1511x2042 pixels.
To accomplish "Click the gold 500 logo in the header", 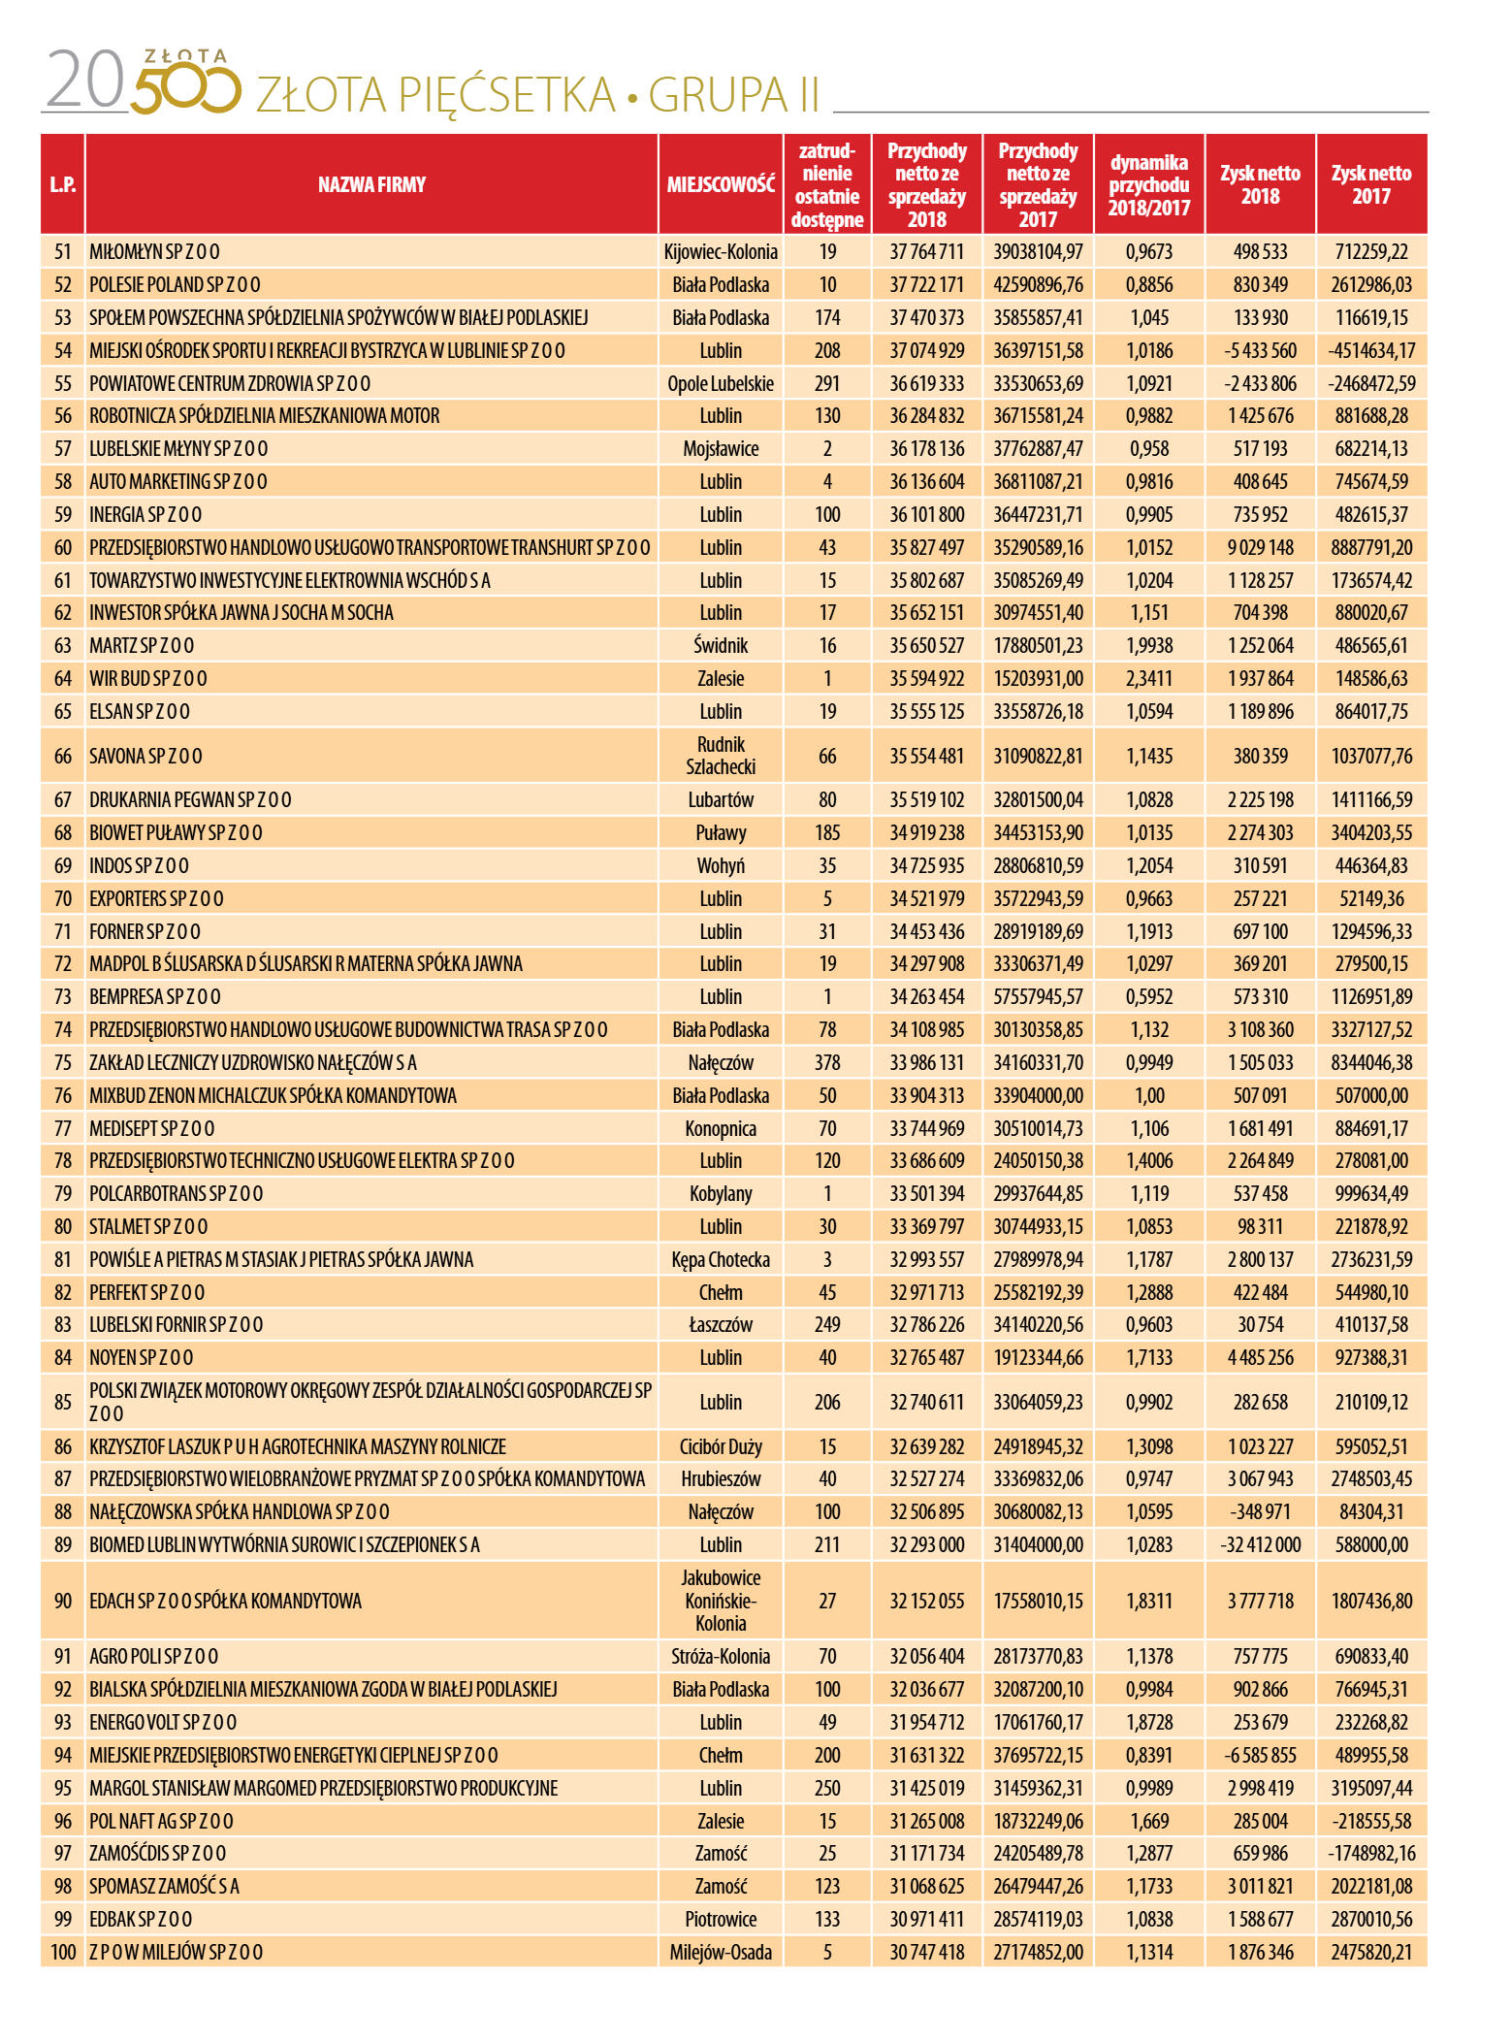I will click(x=184, y=85).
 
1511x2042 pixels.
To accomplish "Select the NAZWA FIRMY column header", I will click(x=371, y=184).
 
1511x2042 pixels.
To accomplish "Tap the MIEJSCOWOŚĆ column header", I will click(x=721, y=184).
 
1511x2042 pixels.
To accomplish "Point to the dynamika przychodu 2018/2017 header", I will click(x=1148, y=184).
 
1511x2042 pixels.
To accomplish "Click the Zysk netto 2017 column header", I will click(x=1370, y=184).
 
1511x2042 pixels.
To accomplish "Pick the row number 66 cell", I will click(x=63, y=756).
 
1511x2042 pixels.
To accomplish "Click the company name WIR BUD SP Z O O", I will click(x=148, y=678).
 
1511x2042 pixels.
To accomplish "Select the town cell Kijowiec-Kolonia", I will click(x=721, y=252).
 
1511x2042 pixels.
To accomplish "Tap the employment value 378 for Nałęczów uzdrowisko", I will click(x=826, y=1062).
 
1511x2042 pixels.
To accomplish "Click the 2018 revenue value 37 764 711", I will click(x=926, y=252).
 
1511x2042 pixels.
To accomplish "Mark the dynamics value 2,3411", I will click(x=1148, y=678).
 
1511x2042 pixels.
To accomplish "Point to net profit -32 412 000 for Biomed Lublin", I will click(x=1260, y=1544).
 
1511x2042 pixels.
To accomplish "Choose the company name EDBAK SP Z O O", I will click(x=141, y=1919).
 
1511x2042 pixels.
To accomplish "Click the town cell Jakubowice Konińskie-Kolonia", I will click(x=721, y=1601).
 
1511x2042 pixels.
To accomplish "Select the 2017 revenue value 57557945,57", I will click(x=1038, y=996).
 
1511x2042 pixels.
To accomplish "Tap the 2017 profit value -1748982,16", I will click(x=1370, y=1853).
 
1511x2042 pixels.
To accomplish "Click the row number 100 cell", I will click(x=63, y=1952).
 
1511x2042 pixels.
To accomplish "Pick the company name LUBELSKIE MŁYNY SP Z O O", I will click(x=178, y=448).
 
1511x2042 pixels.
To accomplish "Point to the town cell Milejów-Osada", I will click(x=721, y=1952).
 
